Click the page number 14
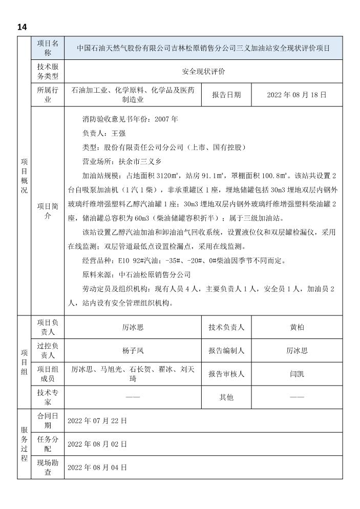[22, 27]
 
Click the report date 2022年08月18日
[297, 95]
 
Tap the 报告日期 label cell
[226, 95]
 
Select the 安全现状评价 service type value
[203, 72]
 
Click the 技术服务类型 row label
[48, 72]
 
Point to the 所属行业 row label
[48, 95]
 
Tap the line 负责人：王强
[103, 133]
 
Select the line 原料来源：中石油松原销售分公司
[136, 274]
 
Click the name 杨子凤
[133, 351]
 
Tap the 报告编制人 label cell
[226, 351]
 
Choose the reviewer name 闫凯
[297, 374]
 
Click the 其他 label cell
[226, 397]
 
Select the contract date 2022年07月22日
[97, 420]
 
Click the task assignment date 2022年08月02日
[97, 444]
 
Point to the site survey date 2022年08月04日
[97, 468]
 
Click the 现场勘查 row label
[48, 468]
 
